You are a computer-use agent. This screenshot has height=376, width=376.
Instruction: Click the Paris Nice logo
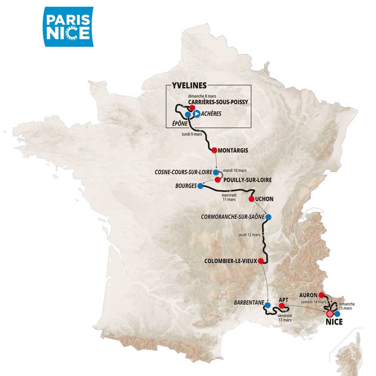(x=69, y=27)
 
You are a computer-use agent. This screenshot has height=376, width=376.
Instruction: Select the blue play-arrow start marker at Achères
(x=196, y=113)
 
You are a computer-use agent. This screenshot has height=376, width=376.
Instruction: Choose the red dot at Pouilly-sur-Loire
(x=217, y=180)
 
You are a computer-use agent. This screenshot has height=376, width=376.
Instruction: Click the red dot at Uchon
(x=252, y=199)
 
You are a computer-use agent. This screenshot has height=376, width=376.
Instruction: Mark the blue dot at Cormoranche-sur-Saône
(x=268, y=217)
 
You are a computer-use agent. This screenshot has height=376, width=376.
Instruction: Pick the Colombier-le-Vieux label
(x=230, y=261)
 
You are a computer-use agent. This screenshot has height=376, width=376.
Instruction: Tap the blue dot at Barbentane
(x=267, y=305)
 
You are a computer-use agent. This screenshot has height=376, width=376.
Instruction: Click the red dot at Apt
(x=282, y=305)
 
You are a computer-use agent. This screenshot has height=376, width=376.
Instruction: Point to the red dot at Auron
(x=321, y=295)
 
